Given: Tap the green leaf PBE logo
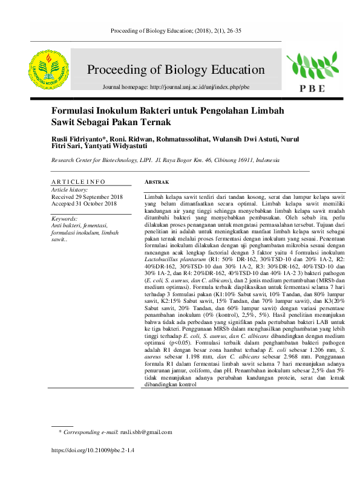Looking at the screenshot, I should click(310, 67).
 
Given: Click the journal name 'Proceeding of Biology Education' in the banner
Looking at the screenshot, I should click(176, 70).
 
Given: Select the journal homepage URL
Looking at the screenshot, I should click(200, 87).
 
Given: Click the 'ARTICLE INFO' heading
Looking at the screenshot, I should click(78, 181).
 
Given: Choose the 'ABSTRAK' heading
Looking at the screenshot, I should click(157, 182).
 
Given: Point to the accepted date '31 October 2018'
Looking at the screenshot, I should click(97, 204).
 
